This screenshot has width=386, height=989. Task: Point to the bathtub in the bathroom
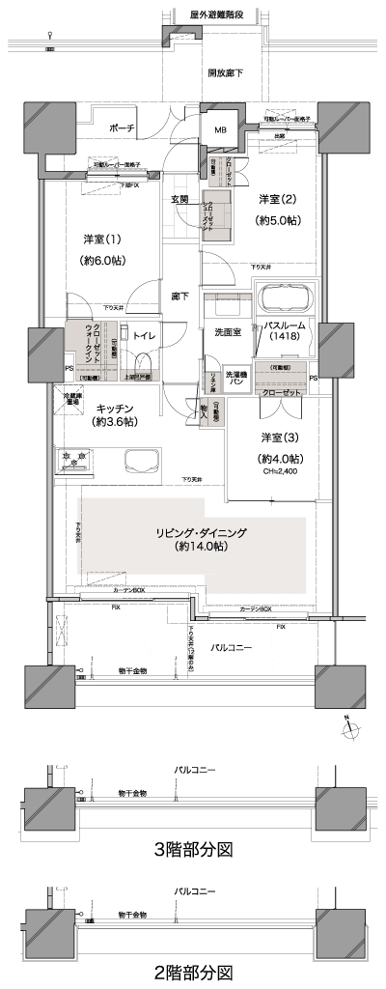pyautogui.click(x=288, y=296)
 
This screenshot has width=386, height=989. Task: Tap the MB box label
pyautogui.click(x=220, y=131)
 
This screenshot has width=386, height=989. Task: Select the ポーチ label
pyautogui.click(x=122, y=128)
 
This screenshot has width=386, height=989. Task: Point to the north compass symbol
pyautogui.click(x=346, y=725)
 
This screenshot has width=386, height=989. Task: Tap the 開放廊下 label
pyautogui.click(x=225, y=73)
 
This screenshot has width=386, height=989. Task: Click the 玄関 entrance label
pyautogui.click(x=179, y=199)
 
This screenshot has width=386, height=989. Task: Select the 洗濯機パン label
pyautogui.click(x=236, y=378)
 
